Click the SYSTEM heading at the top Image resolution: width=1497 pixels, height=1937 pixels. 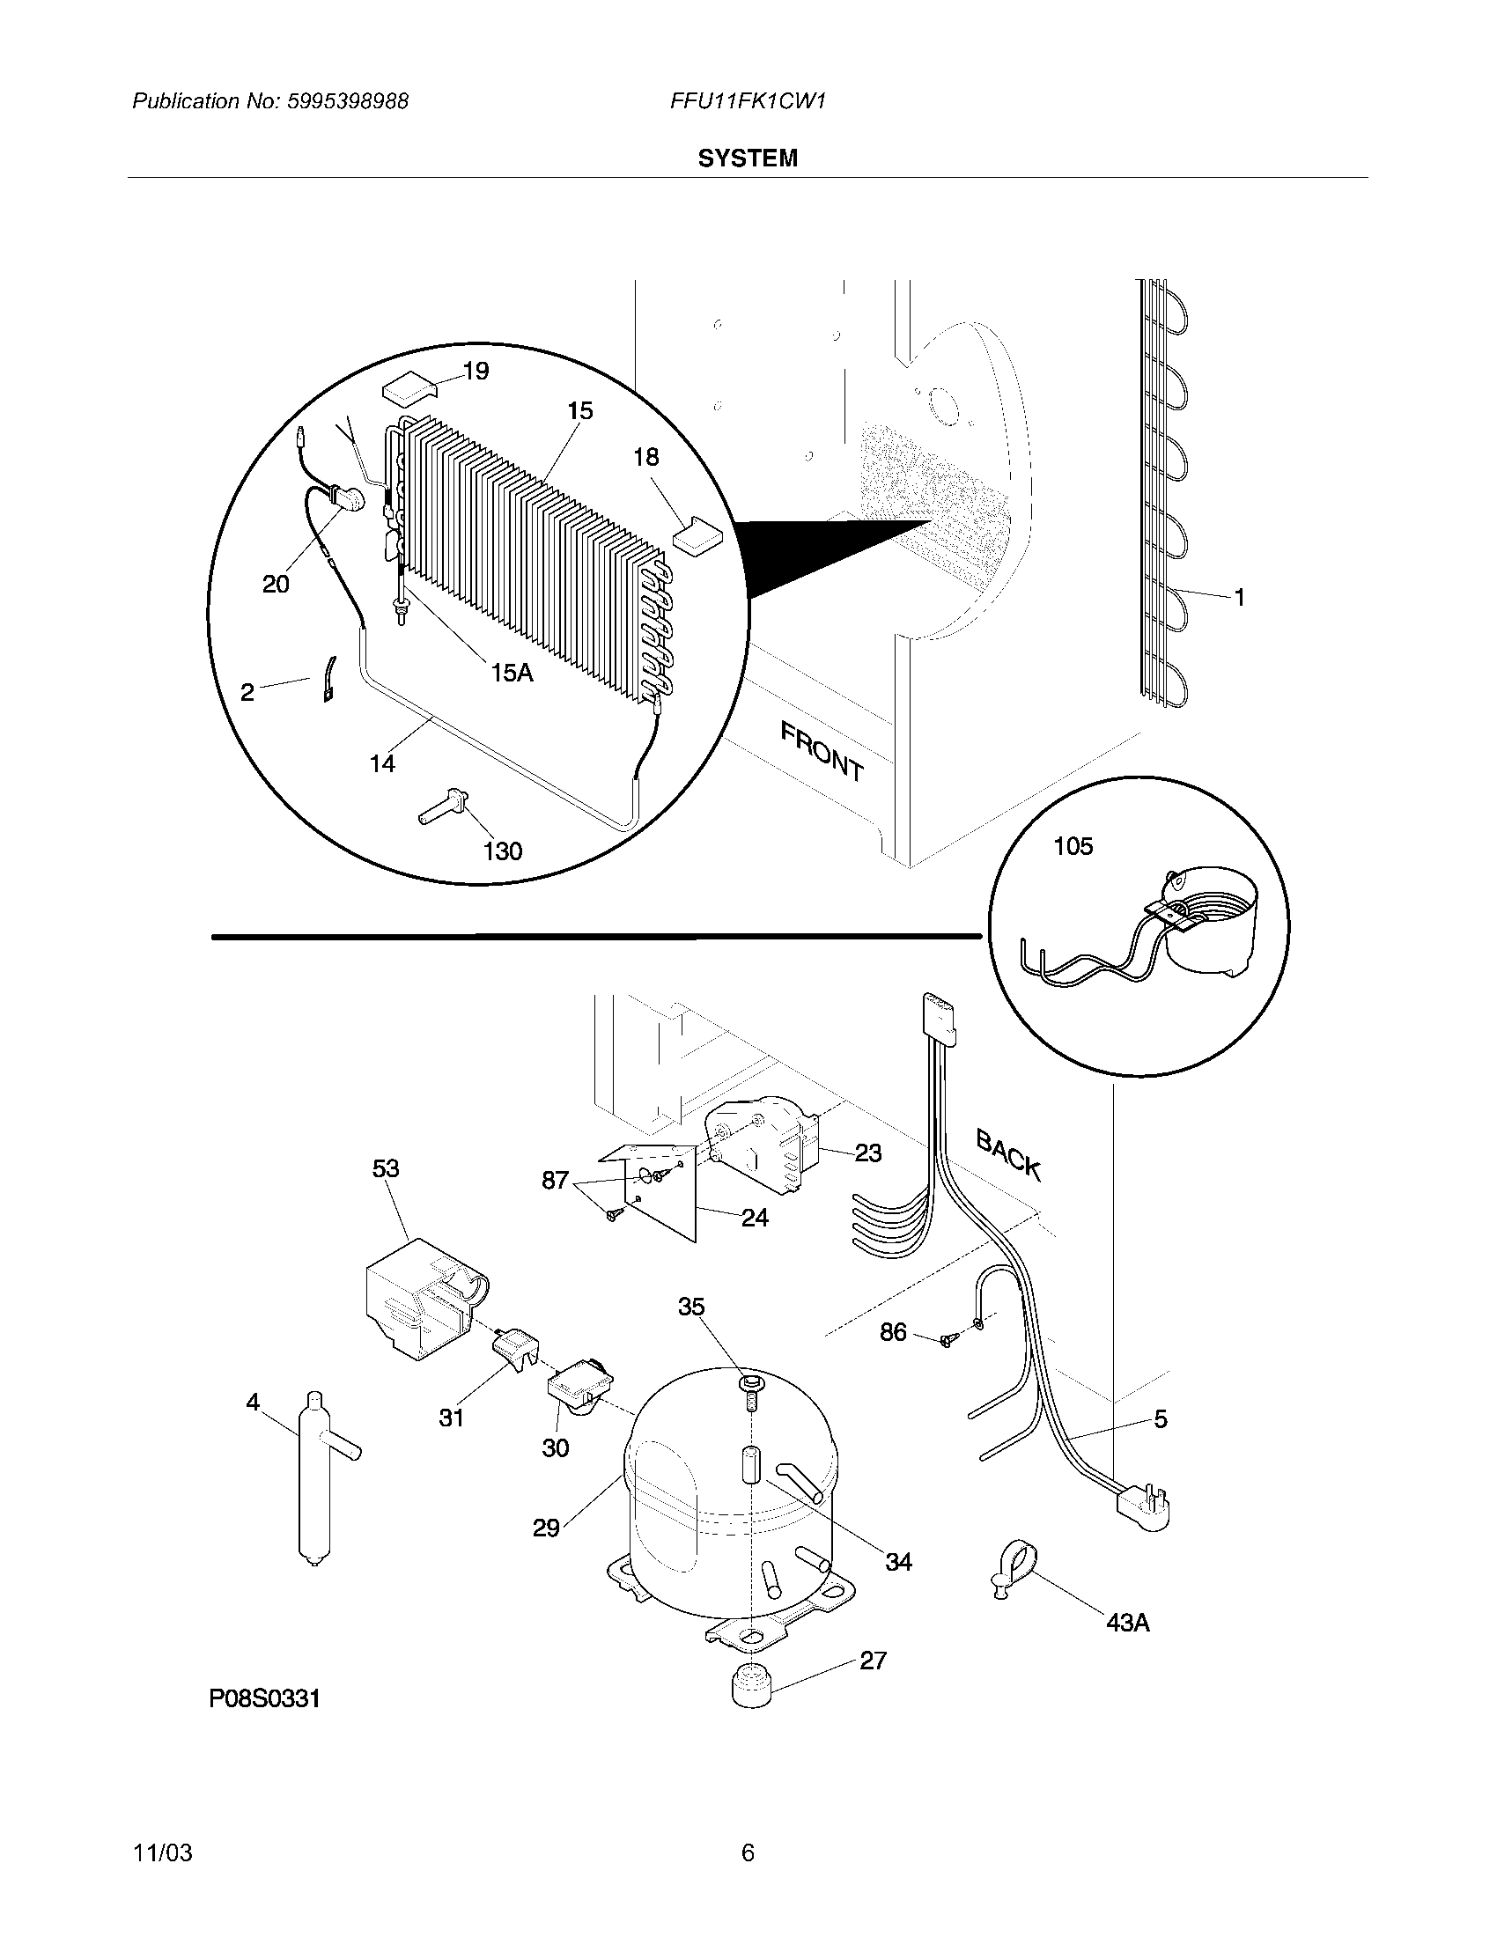point(747,158)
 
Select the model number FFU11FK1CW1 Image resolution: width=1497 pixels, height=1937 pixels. point(748,101)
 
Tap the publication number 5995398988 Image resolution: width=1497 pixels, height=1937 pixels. point(347,101)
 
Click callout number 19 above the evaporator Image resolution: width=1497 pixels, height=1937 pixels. point(476,371)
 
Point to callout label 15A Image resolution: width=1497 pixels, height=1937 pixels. point(512,674)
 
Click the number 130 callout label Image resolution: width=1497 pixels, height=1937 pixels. point(502,851)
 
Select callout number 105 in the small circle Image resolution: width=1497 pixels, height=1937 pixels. point(1073,846)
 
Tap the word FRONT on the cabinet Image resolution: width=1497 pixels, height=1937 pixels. point(822,751)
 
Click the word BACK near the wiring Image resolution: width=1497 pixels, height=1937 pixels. point(1008,1154)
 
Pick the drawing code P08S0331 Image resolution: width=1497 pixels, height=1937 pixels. point(264,1698)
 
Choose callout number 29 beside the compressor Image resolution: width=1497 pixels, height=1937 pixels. point(546,1528)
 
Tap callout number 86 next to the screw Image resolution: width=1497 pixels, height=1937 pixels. point(893,1356)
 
